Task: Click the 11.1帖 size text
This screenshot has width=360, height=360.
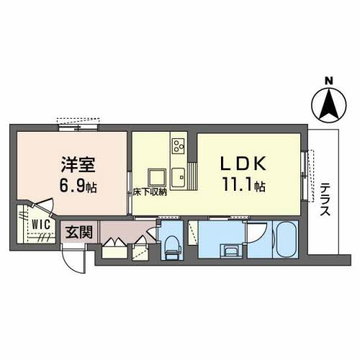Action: tap(244, 186)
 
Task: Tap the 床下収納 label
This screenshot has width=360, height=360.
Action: tap(150, 192)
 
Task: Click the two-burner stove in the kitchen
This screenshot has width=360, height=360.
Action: tap(178, 146)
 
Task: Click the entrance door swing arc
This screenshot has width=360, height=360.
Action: tap(73, 256)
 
